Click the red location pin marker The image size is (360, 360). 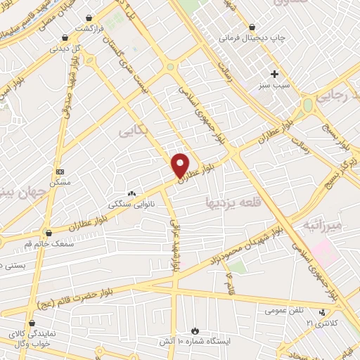coord(181,165)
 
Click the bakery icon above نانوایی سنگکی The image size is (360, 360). coord(130,193)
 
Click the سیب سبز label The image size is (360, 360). coord(274,85)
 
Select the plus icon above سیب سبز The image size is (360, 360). coord(274,74)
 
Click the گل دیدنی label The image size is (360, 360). coord(65,49)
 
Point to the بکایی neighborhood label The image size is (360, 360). coord(131,131)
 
